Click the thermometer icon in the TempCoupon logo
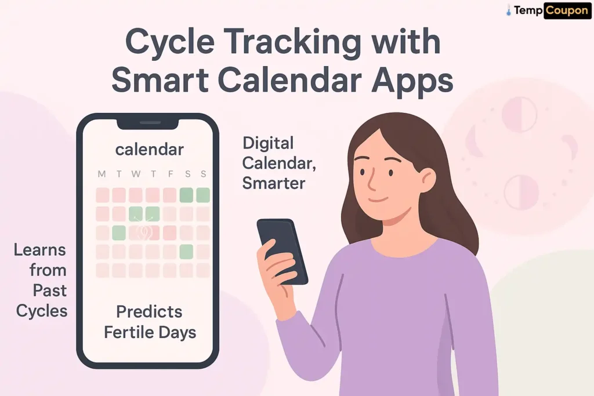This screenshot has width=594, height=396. click(508, 10)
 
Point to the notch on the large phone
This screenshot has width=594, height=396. click(148, 123)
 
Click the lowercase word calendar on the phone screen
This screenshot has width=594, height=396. click(149, 150)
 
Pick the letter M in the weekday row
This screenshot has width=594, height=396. click(102, 175)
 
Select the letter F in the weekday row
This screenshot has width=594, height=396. click(169, 175)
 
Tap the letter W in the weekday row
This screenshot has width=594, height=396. click(136, 175)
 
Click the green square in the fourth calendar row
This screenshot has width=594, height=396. click(186, 252)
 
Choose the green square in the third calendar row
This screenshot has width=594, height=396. click(119, 233)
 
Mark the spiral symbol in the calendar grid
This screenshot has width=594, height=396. click(144, 232)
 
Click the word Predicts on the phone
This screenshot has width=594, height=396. click(149, 312)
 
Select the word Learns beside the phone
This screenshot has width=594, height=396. click(40, 250)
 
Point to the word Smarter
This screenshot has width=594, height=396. click(274, 183)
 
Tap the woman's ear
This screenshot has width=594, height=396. click(428, 180)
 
